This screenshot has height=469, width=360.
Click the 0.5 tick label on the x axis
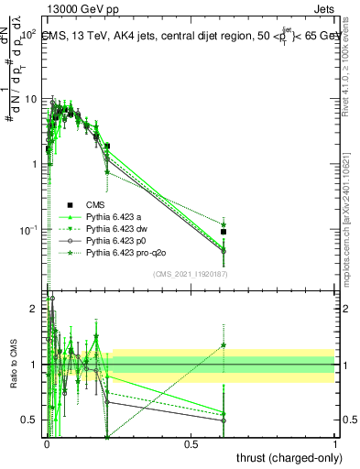coord(191,444)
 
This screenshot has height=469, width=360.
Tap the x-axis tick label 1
coord(335,444)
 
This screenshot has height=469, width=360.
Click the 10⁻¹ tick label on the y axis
coord(27,229)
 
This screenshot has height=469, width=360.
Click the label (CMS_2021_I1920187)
coord(191,274)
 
